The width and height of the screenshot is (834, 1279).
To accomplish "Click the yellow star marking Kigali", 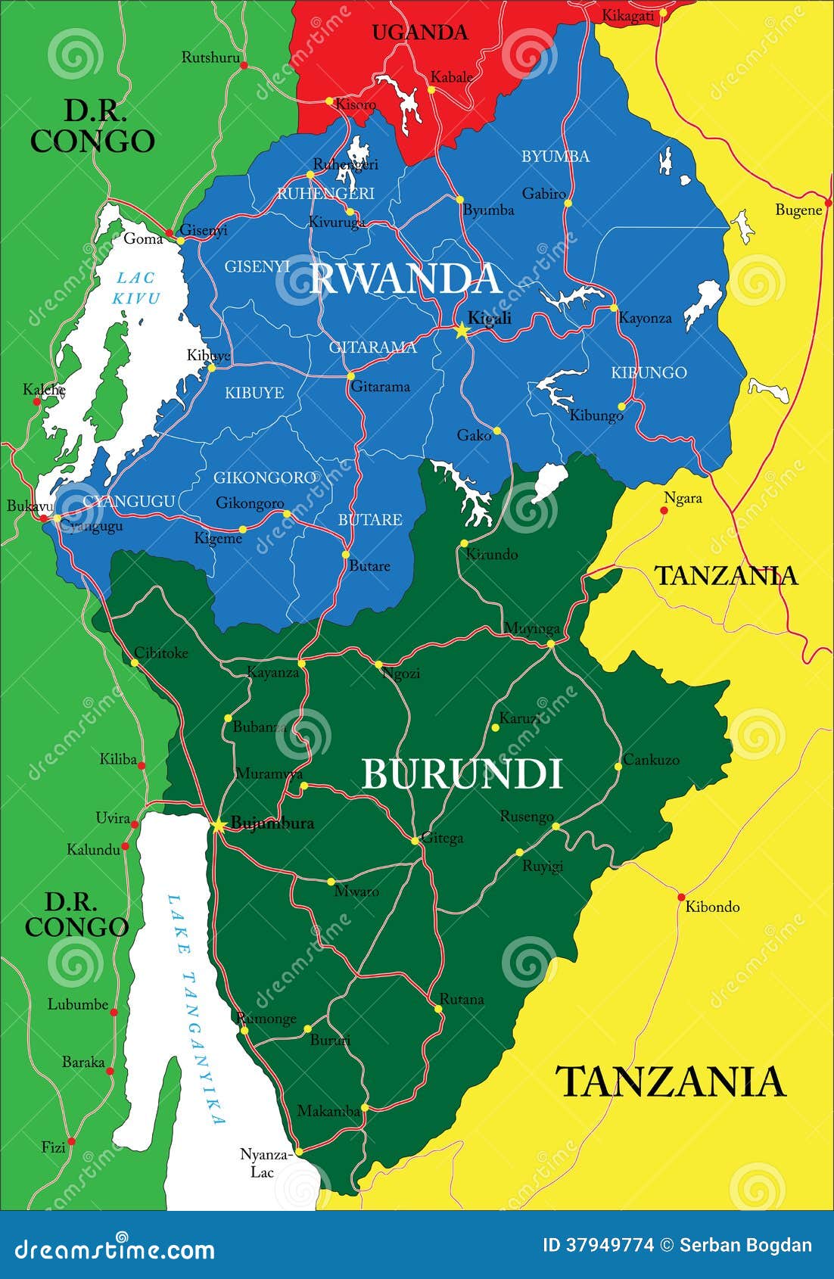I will (461, 330).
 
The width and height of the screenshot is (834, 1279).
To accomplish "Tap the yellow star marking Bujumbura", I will (218, 825).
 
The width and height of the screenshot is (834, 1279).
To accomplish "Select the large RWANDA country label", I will (406, 279).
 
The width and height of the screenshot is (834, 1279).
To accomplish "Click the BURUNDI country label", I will (462, 774).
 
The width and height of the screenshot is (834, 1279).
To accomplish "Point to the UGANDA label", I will (420, 33).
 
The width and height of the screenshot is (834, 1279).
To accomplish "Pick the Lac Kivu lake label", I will (137, 288).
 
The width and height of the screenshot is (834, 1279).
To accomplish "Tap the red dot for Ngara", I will (664, 511).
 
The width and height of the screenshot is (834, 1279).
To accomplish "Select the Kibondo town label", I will (712, 907).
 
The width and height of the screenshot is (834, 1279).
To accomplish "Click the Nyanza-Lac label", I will (265, 1163).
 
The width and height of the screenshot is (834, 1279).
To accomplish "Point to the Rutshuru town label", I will (210, 58).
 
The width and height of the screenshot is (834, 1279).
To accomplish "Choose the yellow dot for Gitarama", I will (350, 375).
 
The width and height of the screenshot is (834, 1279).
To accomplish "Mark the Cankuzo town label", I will (651, 759).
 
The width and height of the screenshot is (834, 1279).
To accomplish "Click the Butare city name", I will (369, 566).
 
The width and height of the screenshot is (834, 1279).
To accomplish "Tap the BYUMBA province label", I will (555, 157).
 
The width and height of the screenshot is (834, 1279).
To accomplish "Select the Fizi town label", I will (53, 1147).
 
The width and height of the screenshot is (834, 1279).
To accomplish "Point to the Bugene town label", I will (798, 210).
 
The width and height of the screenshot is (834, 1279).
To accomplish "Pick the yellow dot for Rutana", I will (438, 1009).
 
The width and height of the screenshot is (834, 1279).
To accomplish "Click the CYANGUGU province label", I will (129, 501).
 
